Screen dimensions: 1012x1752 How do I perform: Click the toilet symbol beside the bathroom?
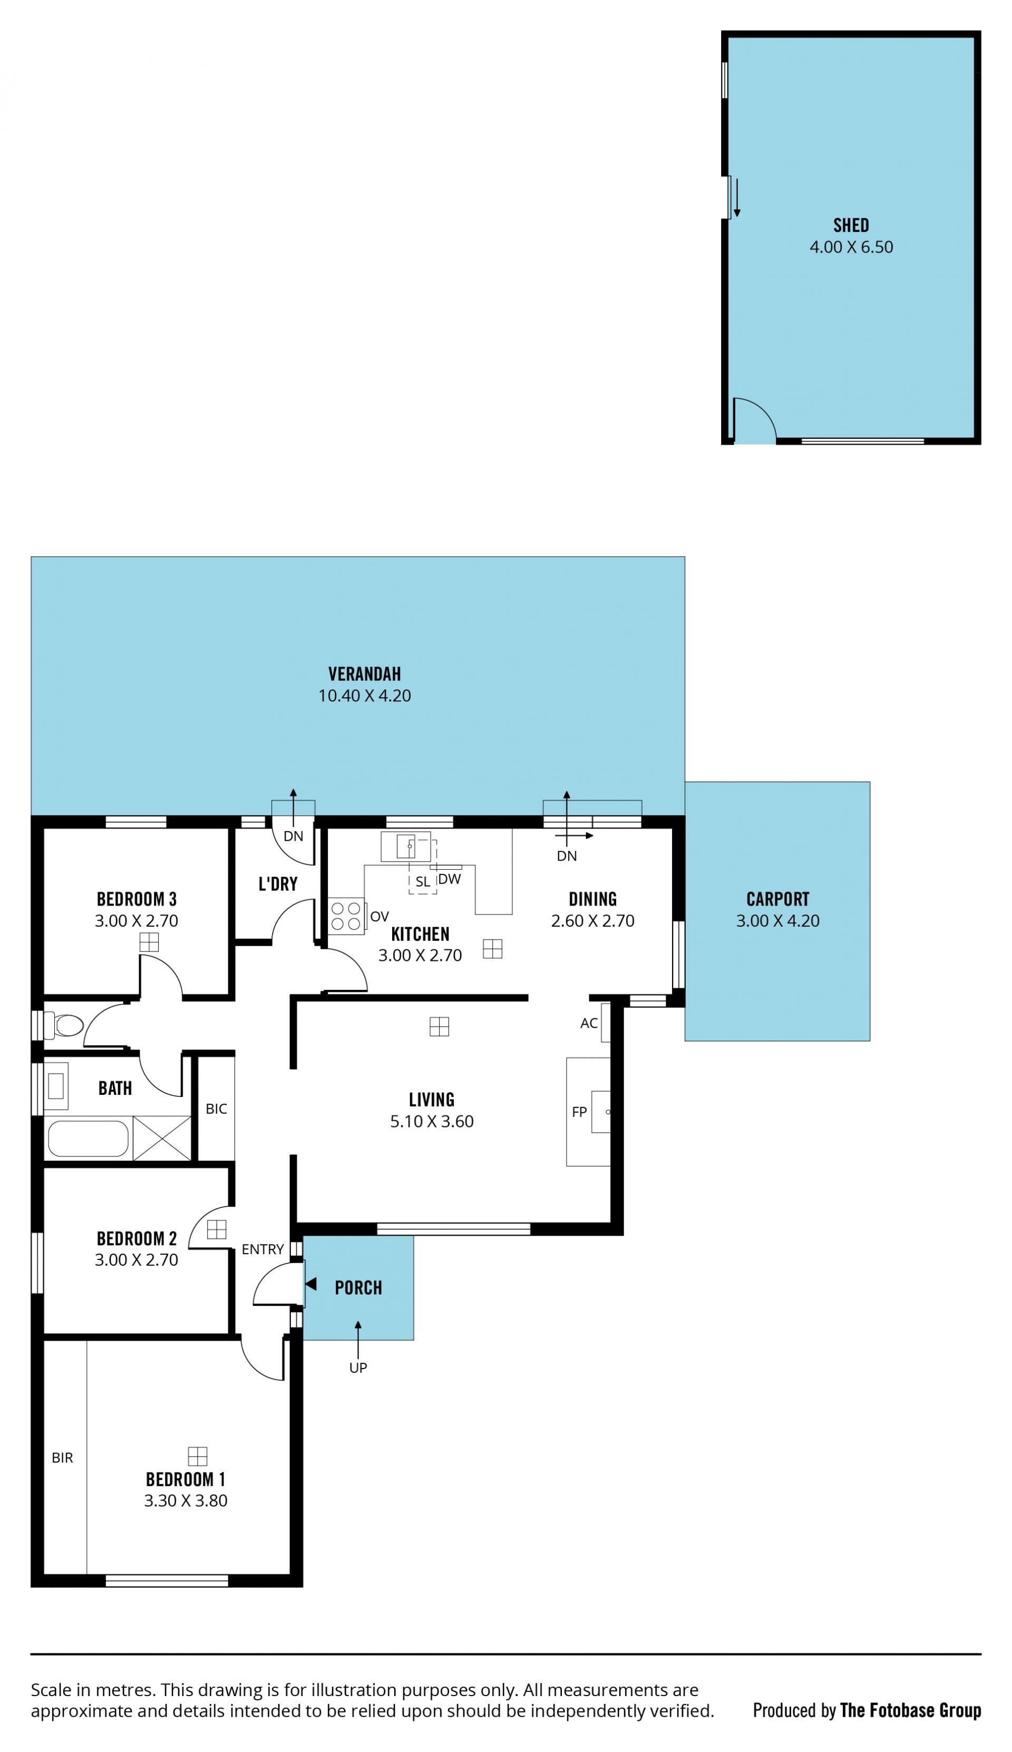63,1025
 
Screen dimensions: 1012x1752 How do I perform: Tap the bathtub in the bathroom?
88,1138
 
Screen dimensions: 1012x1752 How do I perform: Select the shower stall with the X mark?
162,1138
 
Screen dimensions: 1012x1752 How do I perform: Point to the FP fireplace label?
579,1112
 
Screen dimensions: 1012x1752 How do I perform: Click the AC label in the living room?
589,1023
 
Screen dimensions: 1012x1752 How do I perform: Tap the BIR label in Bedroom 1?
62,1458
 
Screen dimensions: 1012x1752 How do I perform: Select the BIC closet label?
216,1109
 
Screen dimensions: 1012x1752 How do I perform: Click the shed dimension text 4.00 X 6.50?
851,247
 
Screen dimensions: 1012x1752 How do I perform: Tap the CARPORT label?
778,899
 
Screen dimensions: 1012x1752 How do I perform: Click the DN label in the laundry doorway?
293,836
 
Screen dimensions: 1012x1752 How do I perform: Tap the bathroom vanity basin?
56,1085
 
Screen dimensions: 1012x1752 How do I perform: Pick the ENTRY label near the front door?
262,1249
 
